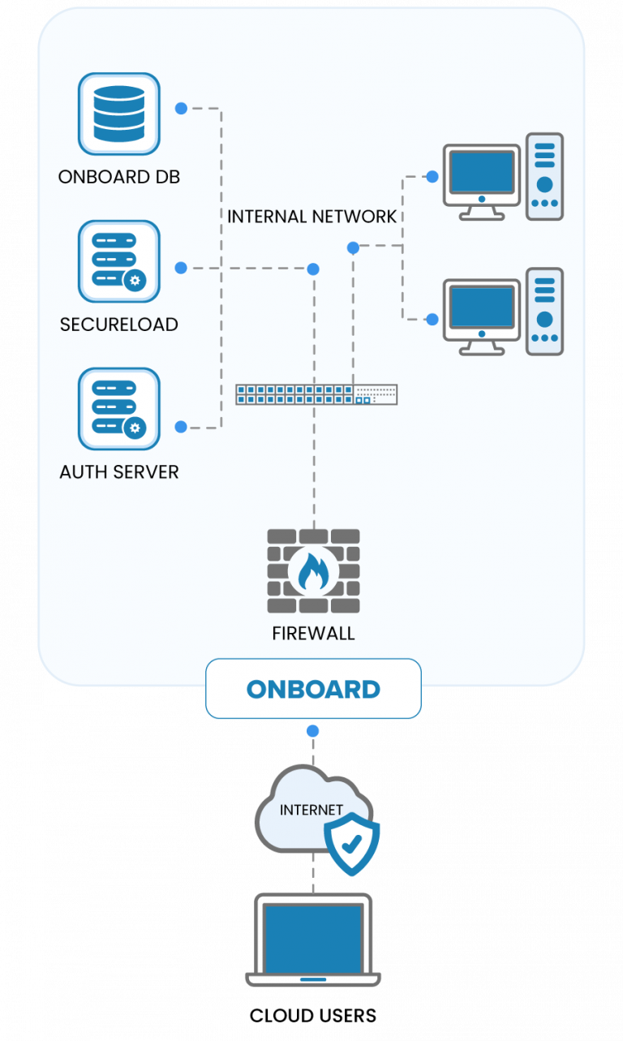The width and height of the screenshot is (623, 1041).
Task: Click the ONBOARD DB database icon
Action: (x=118, y=114)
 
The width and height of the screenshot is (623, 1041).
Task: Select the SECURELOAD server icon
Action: (x=118, y=261)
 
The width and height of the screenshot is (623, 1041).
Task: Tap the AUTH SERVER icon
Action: (x=118, y=409)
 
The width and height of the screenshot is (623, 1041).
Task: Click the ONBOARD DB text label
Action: (x=118, y=177)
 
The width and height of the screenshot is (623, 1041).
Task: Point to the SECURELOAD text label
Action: (x=118, y=325)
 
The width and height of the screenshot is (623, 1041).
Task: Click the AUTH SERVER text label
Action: (x=118, y=471)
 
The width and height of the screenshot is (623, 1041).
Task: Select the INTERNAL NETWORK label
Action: (x=311, y=217)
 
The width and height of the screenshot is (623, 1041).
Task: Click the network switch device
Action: (x=316, y=394)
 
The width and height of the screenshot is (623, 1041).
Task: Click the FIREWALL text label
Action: (x=313, y=634)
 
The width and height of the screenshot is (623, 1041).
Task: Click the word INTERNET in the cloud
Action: (x=311, y=810)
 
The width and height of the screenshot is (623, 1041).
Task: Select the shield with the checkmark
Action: (x=352, y=845)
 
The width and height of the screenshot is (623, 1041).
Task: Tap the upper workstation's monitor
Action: (x=482, y=173)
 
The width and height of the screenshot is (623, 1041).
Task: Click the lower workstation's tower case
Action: (x=544, y=312)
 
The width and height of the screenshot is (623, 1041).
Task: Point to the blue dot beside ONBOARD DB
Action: (x=181, y=108)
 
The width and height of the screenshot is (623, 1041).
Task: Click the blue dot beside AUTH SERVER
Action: (x=181, y=427)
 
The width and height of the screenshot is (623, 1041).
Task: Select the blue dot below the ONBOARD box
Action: (x=313, y=731)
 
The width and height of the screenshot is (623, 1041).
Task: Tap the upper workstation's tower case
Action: (x=544, y=177)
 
